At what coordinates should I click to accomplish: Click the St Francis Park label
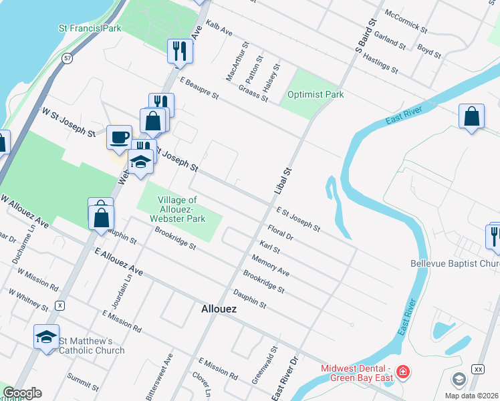click(90, 29)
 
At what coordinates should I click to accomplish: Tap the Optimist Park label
click(316, 94)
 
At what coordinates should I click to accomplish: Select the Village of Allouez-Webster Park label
click(177, 209)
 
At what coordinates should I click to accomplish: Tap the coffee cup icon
click(120, 138)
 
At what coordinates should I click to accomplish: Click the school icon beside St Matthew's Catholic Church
click(46, 337)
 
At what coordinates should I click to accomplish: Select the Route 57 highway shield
click(68, 59)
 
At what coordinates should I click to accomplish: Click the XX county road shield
click(477, 369)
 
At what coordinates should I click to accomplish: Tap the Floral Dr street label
click(280, 232)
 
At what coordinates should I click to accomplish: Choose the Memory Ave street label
click(270, 265)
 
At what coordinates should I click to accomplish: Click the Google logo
click(22, 393)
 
